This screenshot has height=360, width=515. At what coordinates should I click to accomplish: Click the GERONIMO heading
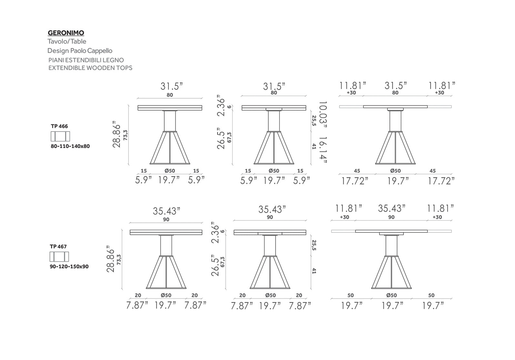click(x=66, y=33)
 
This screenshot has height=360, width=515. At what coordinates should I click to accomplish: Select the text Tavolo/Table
click(x=67, y=41)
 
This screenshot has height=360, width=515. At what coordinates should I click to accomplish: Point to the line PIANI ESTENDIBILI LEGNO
click(x=86, y=60)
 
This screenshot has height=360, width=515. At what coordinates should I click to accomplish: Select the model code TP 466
click(x=59, y=126)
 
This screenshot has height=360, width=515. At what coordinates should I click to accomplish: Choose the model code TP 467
click(x=58, y=247)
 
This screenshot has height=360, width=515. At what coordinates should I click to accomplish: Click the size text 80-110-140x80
click(x=70, y=146)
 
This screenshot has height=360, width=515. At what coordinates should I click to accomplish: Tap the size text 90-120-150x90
click(x=69, y=267)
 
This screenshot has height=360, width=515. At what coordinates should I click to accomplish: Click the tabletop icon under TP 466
click(x=60, y=136)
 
